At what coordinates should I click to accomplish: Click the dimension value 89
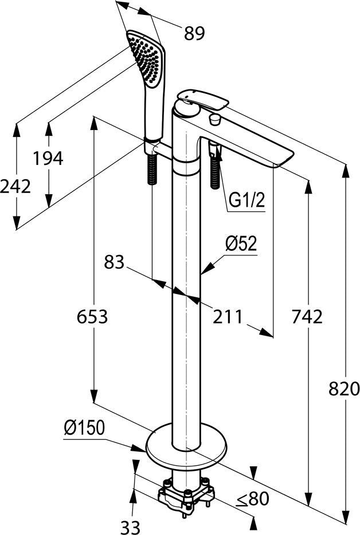(x=194, y=33)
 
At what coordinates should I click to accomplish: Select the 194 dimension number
(x=48, y=158)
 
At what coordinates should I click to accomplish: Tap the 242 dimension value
(x=15, y=186)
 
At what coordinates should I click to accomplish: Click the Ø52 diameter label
(x=241, y=244)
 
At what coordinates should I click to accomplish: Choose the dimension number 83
(x=114, y=262)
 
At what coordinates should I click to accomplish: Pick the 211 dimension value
(x=228, y=317)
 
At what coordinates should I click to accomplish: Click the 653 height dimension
(x=92, y=317)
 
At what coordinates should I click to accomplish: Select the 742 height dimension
(x=307, y=317)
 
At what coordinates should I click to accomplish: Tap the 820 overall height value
(x=345, y=388)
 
